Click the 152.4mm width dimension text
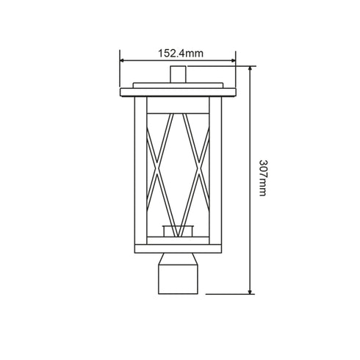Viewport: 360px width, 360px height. tap(181, 53)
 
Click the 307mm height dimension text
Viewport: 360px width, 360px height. tap(263, 178)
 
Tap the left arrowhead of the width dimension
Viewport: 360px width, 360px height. tap(122, 60)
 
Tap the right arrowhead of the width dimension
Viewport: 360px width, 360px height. tap(233, 60)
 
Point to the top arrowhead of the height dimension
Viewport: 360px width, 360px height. tap(250, 68)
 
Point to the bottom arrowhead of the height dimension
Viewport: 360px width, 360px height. tap(250, 292)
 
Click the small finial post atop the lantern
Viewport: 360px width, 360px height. tap(178, 74)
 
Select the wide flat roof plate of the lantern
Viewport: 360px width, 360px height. tap(178, 92)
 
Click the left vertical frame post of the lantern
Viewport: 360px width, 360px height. tap(141, 170)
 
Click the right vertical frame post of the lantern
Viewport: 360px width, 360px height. tap(215, 170)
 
